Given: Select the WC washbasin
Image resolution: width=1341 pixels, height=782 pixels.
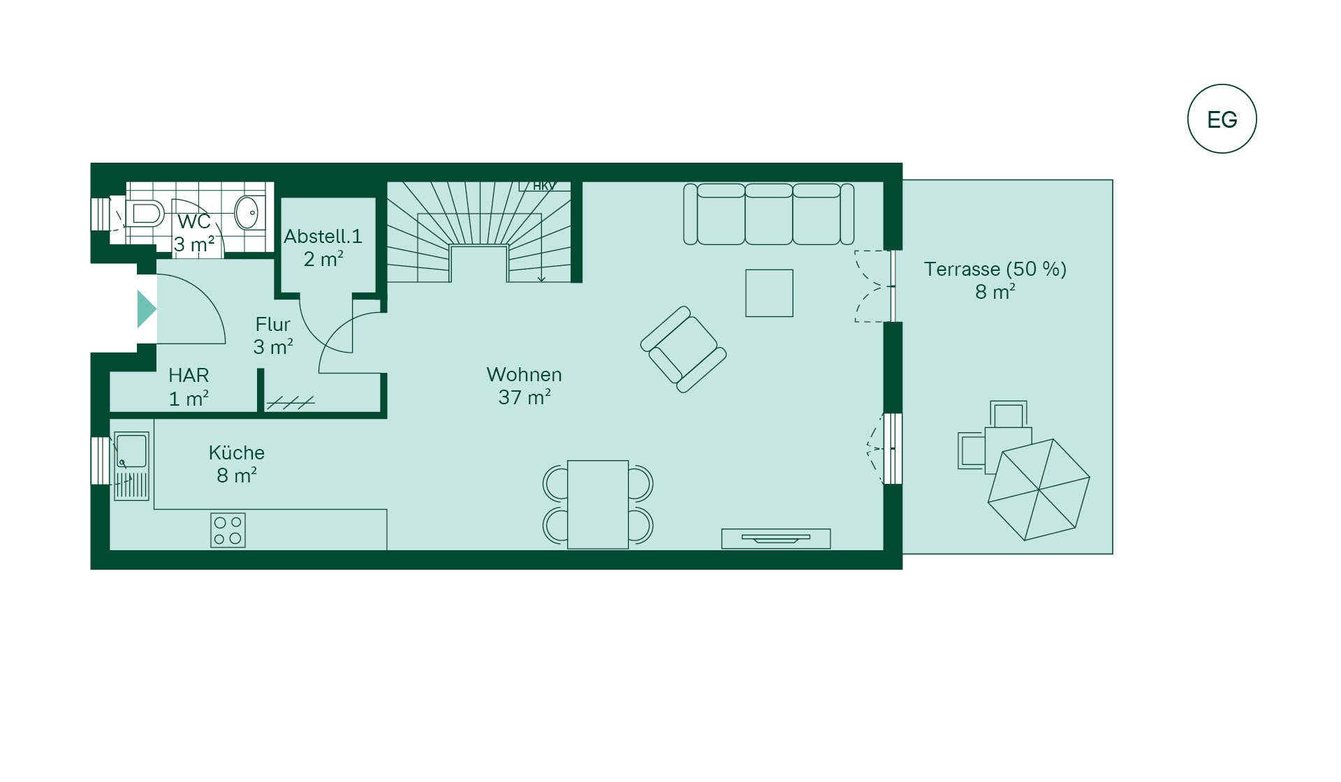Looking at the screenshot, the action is tap(247, 212).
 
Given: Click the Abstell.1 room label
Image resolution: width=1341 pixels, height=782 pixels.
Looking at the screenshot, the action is tap(323, 247).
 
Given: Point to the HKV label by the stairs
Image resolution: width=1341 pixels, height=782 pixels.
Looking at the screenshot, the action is tap(544, 186).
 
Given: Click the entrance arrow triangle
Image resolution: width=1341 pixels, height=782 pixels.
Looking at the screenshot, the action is tap(147, 309).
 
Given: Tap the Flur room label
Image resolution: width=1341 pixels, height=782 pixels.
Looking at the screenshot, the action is tap(273, 335).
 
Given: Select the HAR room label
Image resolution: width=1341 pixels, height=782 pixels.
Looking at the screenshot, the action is tap(189, 387).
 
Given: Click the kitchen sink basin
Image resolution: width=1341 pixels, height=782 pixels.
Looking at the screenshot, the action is tap(132, 451).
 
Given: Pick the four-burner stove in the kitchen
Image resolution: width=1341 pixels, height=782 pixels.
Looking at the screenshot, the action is tap(228, 531).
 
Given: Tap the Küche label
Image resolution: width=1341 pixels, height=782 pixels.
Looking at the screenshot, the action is tap(237, 464).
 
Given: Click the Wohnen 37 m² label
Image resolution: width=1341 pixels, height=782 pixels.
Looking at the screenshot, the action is tap(525, 385).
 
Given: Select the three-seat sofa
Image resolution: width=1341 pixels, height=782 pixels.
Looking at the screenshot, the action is tap(768, 214).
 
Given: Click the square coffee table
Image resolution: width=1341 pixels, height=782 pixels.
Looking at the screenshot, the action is tap(769, 293).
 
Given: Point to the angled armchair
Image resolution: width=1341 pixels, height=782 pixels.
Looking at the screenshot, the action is tap(683, 349).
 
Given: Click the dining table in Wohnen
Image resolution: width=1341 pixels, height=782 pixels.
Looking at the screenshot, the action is tap(598, 504).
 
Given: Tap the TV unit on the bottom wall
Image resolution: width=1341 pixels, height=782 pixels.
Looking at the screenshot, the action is tap(776, 538).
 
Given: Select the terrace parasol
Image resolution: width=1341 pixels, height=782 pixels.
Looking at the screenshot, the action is tap(1039, 489).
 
